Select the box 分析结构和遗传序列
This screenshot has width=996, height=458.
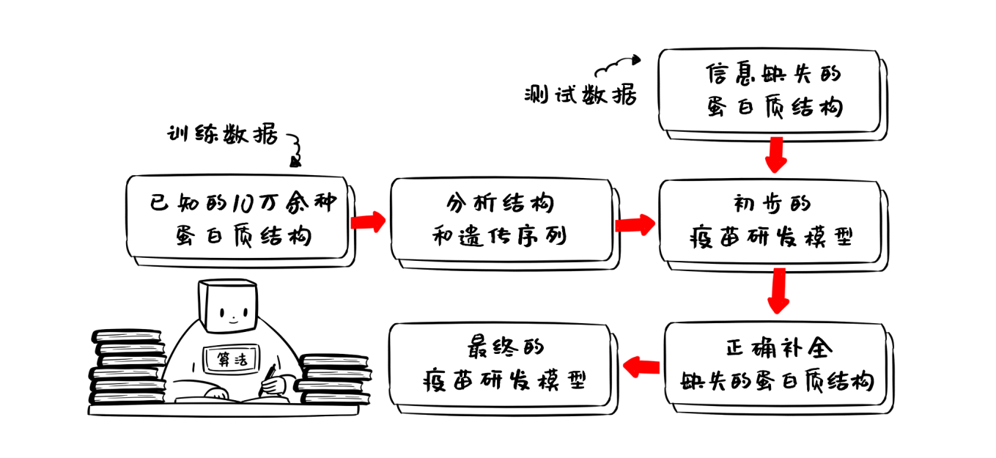coord(501,219)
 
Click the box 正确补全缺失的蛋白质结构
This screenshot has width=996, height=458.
coord(778,364)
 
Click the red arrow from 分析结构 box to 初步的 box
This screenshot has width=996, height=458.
coord(635,224)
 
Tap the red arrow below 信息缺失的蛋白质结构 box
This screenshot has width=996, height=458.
coord(775,153)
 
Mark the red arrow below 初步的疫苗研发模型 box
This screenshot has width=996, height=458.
coord(778,290)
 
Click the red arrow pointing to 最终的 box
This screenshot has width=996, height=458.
coord(641,364)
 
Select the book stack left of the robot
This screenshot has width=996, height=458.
coord(127,367)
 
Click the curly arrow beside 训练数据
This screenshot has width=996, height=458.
coord(295,149)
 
